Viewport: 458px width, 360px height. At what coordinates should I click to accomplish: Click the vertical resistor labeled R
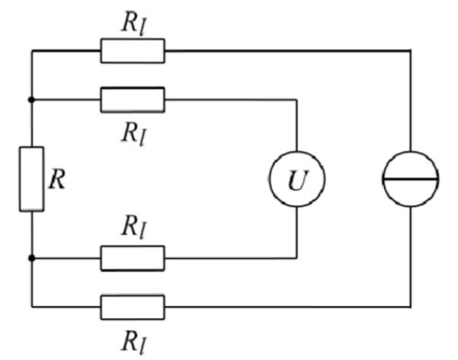pos(31,179)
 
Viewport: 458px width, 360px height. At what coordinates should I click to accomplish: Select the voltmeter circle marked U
pos(295,179)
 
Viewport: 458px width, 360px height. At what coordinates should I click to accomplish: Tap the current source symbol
pos(410,179)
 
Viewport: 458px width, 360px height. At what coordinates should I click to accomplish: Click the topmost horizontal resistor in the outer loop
pos(132,51)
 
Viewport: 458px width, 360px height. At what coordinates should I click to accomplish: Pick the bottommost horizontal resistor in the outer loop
pos(132,307)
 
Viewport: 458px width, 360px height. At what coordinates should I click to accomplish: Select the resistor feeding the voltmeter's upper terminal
pos(132,99)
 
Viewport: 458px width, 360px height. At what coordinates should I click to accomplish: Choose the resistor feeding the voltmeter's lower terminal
pos(132,258)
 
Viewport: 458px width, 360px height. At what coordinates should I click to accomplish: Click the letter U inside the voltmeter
pos(295,180)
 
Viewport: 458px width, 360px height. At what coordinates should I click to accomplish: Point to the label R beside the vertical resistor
pos(57,180)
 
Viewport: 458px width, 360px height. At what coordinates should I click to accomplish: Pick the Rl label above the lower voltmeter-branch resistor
pos(132,226)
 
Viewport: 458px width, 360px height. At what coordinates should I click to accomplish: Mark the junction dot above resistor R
pos(31,99)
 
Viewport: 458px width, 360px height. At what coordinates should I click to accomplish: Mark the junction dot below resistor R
pos(31,258)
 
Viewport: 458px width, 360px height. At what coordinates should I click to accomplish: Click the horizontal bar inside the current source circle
pos(410,179)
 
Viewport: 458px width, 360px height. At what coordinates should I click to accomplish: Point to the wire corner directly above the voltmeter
pos(295,99)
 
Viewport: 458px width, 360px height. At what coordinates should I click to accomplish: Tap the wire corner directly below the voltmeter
pos(295,258)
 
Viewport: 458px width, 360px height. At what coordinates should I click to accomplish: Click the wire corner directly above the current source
pos(410,51)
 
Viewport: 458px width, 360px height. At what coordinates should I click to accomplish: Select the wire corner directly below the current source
pos(410,307)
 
